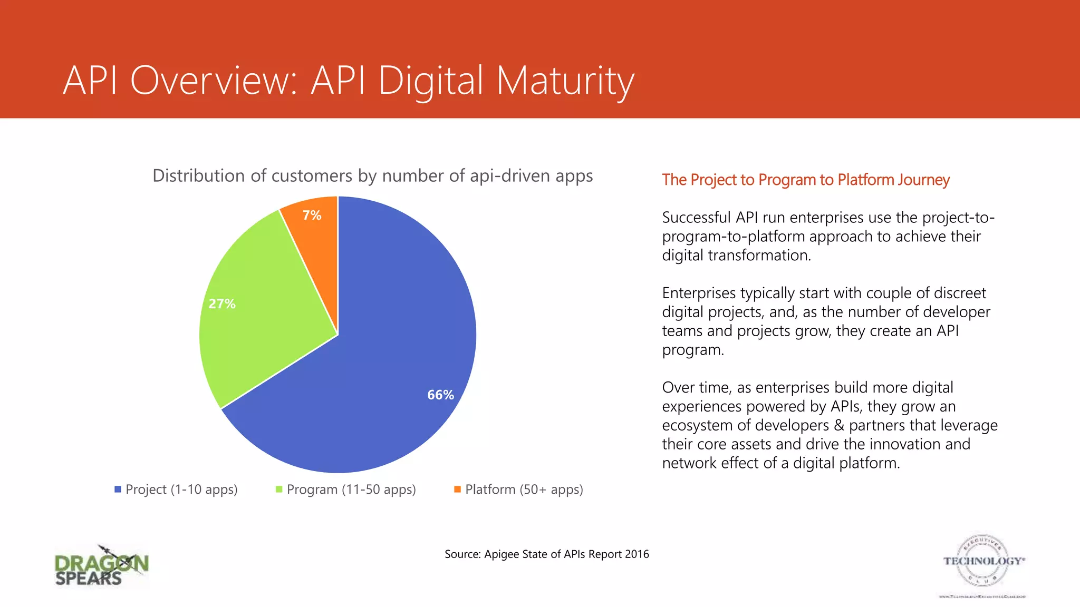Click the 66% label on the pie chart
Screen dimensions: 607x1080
(x=440, y=395)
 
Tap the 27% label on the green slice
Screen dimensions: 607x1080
(x=222, y=303)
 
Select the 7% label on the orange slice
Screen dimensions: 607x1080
(x=312, y=215)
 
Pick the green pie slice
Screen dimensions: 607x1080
(x=264, y=327)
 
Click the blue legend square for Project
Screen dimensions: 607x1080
(x=118, y=489)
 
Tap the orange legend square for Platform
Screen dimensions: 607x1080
(x=457, y=489)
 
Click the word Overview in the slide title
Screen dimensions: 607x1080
(x=214, y=81)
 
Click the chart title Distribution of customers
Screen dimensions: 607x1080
(x=372, y=175)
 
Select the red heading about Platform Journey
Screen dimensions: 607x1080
(x=805, y=180)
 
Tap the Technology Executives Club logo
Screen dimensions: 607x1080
(x=983, y=564)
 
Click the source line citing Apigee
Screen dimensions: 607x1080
(x=546, y=554)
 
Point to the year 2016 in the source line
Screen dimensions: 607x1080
(x=637, y=554)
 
